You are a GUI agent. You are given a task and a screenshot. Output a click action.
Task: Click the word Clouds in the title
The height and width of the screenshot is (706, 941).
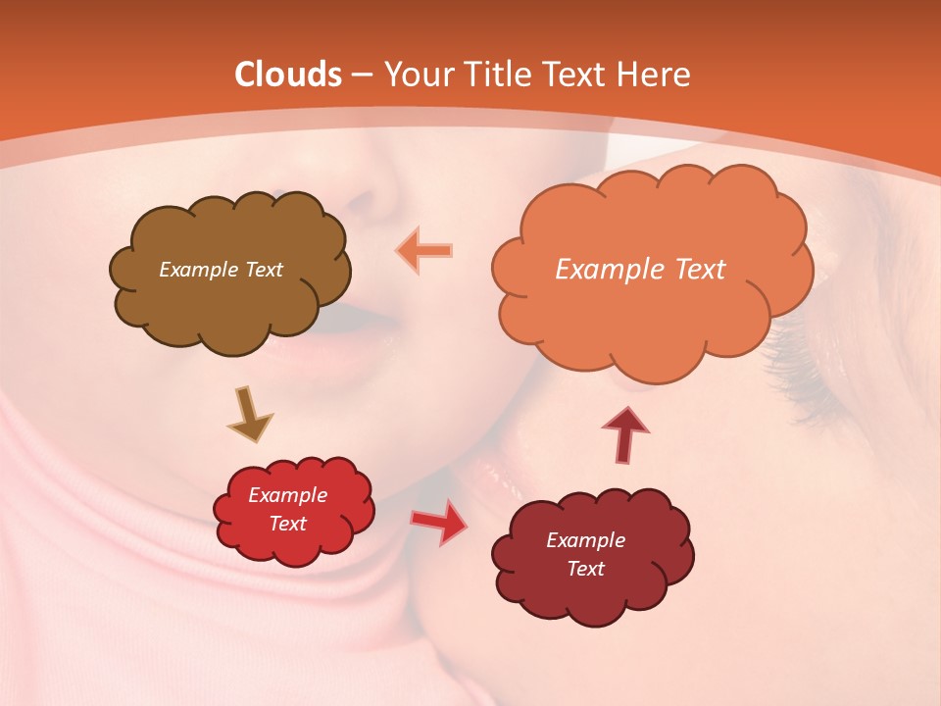point(288,75)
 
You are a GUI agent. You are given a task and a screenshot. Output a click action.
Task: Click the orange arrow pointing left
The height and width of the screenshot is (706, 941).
point(424,250)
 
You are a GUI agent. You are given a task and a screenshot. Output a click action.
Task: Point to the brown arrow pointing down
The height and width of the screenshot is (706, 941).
point(249,414)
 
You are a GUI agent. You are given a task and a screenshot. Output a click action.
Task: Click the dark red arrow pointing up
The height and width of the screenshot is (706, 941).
point(624,433)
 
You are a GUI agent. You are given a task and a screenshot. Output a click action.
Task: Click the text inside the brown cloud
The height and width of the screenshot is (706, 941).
point(221,270)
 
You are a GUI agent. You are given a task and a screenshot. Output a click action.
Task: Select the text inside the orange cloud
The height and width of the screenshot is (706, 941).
point(640,270)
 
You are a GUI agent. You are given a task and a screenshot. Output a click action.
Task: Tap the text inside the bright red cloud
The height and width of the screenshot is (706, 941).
point(287,510)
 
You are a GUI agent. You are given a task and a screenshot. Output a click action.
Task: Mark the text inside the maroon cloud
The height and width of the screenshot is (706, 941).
point(585,554)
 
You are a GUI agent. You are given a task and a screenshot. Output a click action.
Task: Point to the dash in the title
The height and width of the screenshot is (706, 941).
point(362,76)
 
